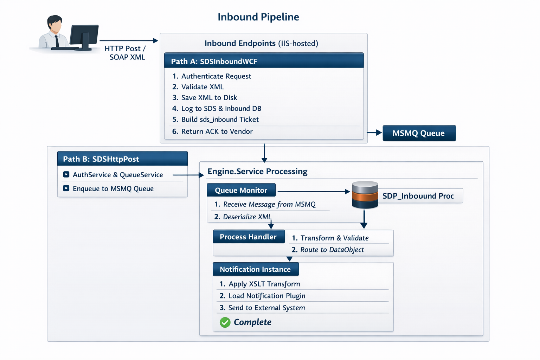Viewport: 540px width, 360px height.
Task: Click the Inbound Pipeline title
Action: tap(258, 17)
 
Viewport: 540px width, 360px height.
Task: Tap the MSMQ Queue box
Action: tap(419, 133)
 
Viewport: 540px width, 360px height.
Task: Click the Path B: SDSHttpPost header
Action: tap(122, 159)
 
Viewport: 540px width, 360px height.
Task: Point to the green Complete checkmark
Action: tap(225, 322)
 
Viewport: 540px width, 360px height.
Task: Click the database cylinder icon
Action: tap(365, 195)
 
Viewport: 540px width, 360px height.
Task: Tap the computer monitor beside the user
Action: tap(84, 37)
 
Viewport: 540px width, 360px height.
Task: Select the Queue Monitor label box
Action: tap(241, 190)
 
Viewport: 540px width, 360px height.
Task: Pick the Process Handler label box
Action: tap(249, 237)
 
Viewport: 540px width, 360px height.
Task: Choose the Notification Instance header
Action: tap(256, 269)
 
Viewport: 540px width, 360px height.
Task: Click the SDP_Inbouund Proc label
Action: tap(418, 196)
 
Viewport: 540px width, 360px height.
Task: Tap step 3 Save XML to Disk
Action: tap(205, 97)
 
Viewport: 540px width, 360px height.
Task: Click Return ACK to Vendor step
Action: tap(212, 131)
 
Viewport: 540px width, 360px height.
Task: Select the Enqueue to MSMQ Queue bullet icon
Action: tap(66, 188)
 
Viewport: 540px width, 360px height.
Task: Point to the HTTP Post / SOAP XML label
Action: tap(126, 53)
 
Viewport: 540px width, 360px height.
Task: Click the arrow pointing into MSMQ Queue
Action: tap(374, 133)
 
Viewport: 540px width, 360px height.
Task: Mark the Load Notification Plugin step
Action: tap(262, 296)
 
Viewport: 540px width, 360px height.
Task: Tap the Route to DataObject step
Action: tap(328, 250)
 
